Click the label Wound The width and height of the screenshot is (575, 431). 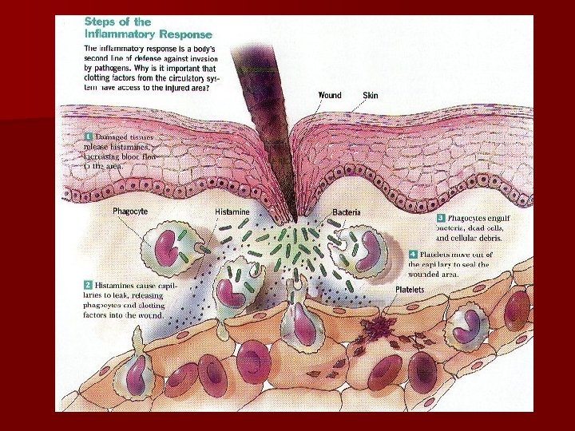pyautogui.click(x=330, y=96)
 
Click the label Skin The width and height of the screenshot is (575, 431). pyautogui.click(x=371, y=96)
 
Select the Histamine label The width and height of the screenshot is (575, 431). pyautogui.click(x=232, y=212)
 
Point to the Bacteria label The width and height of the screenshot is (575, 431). pyautogui.click(x=347, y=212)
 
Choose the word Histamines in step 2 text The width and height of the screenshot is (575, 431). pyautogui.click(x=119, y=285)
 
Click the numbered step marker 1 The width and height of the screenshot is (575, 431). pyautogui.click(x=89, y=137)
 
